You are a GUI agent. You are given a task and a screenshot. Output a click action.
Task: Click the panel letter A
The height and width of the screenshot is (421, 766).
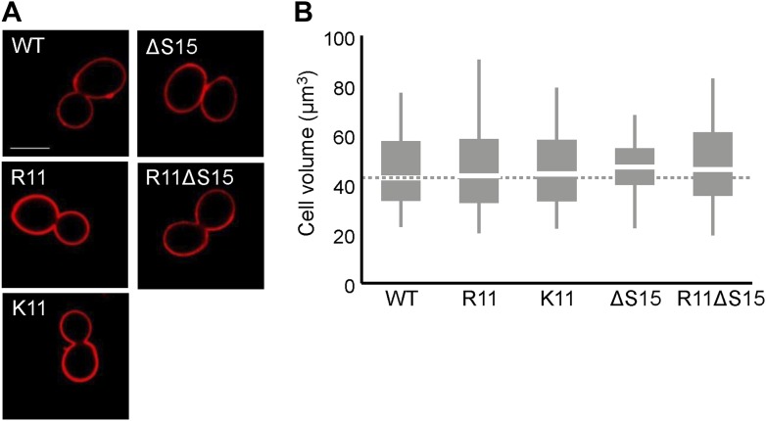pyautogui.click(x=12, y=12)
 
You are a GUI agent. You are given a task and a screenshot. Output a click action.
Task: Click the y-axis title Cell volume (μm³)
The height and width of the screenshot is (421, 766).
pyautogui.click(x=307, y=162)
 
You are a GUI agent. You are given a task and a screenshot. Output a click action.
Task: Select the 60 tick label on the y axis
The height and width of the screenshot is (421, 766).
pyautogui.click(x=343, y=138)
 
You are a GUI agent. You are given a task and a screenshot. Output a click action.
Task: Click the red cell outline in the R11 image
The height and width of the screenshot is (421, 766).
pyautogui.click(x=28, y=201)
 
